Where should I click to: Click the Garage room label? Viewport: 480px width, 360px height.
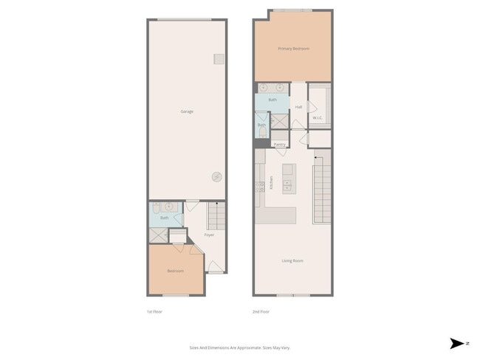click(x=187, y=111)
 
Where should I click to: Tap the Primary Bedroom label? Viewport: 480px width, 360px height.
click(x=293, y=49)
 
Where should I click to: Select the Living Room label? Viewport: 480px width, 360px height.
click(x=292, y=260)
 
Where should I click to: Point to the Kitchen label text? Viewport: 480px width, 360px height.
click(x=271, y=182)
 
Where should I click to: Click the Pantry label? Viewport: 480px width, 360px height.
click(x=280, y=145)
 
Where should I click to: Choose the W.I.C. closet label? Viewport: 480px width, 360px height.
click(x=318, y=117)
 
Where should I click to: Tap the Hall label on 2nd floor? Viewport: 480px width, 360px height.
click(x=298, y=107)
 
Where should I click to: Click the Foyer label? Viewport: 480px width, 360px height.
click(x=209, y=235)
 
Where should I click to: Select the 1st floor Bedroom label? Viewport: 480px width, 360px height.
click(x=175, y=271)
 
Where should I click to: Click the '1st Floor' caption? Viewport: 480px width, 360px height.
click(x=154, y=312)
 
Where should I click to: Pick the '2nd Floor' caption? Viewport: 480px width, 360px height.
click(x=261, y=312)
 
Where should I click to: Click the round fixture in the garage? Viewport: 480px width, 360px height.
click(x=216, y=176)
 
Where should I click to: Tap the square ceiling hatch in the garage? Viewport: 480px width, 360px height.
click(x=219, y=58)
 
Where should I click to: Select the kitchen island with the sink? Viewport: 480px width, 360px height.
click(x=288, y=181)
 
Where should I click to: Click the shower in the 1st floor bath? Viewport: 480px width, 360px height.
click(x=157, y=235)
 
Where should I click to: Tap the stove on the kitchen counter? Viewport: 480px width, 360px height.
click(x=260, y=193)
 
